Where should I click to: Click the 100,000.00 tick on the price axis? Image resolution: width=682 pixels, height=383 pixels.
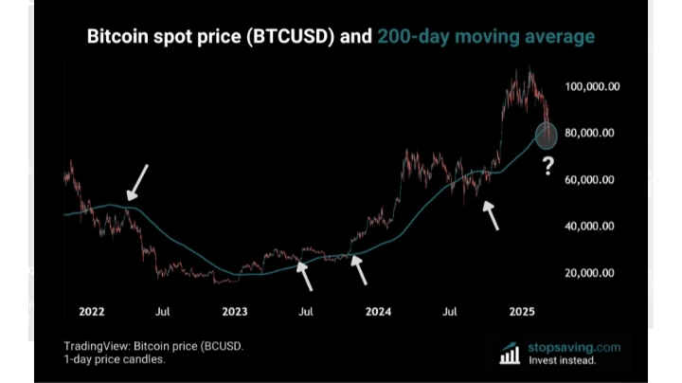pyautogui.click(x=592, y=86)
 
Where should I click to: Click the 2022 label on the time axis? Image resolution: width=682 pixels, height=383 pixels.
pyautogui.click(x=92, y=311)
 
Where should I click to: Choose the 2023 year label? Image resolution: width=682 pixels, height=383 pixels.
pyautogui.click(x=234, y=311)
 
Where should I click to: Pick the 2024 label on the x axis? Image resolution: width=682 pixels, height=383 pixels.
pyautogui.click(x=378, y=311)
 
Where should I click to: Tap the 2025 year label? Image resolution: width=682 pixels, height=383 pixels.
pyautogui.click(x=522, y=311)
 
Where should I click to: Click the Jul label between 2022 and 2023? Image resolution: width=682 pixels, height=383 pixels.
pyautogui.click(x=163, y=311)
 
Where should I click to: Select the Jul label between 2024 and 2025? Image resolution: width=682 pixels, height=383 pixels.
pyautogui.click(x=450, y=311)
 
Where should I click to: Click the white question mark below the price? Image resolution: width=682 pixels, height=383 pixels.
pyautogui.click(x=547, y=168)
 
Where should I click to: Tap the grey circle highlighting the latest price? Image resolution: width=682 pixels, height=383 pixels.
pyautogui.click(x=547, y=136)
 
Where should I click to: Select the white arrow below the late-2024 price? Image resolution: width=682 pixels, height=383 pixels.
pyautogui.click(x=491, y=216)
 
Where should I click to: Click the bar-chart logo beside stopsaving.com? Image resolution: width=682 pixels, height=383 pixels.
pyautogui.click(x=510, y=354)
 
